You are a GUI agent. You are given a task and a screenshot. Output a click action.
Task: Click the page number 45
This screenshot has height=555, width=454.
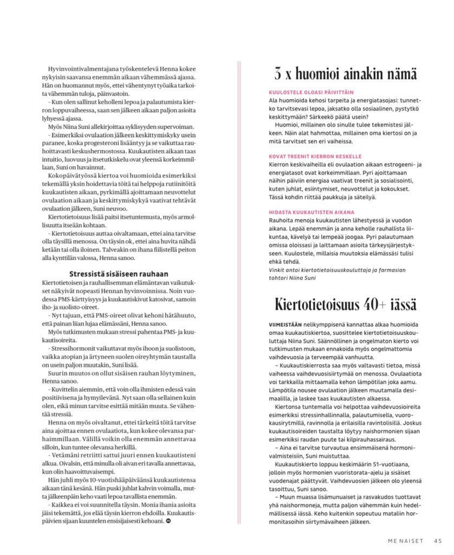[x=438, y=539]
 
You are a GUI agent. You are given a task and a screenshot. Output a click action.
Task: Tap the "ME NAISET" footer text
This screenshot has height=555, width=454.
[x=407, y=539]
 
